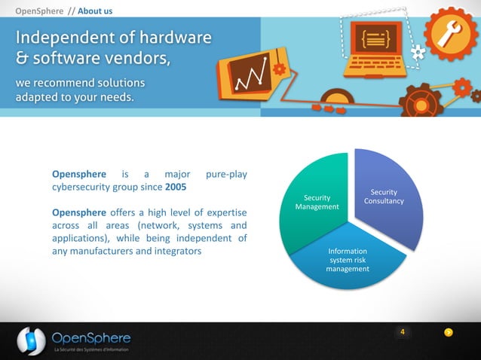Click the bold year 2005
point(176,186)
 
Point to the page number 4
point(403,332)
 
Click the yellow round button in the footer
point(449,333)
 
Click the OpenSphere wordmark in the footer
point(91,337)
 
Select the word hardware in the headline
point(175,37)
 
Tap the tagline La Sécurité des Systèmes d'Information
point(90,350)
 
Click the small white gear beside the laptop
point(417,51)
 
